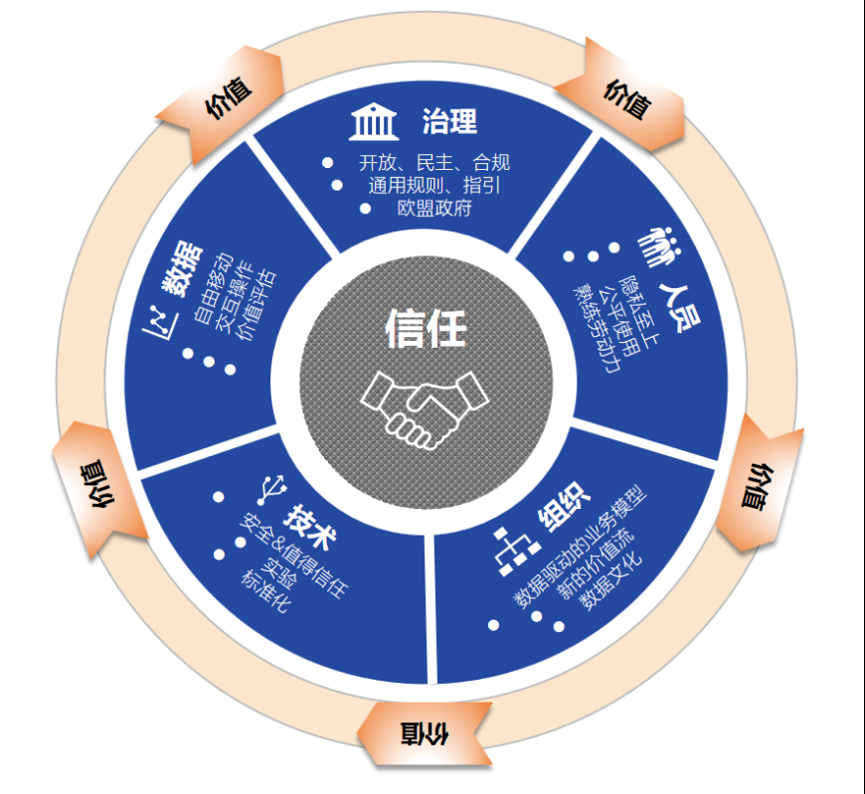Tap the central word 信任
tap(426, 328)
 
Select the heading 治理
tap(449, 121)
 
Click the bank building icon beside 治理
tap(374, 121)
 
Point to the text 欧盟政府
tap(434, 209)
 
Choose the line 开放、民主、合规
tap(434, 163)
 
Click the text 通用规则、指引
tap(434, 185)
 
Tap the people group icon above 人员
tap(658, 246)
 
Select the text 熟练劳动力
tap(597, 329)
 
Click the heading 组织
tap(564, 506)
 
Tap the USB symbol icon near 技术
tap(272, 490)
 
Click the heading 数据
tap(182, 269)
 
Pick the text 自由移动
tap(213, 288)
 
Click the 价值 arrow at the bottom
tap(425, 734)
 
